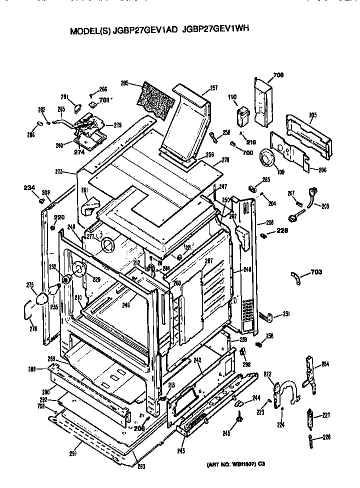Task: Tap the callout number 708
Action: click(x=278, y=76)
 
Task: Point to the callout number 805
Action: click(x=312, y=115)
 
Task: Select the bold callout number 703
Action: click(x=315, y=272)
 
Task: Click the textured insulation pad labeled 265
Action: click(x=156, y=99)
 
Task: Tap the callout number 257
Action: click(x=213, y=88)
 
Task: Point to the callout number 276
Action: click(x=33, y=328)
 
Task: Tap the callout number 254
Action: click(x=325, y=364)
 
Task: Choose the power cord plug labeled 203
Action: click(x=313, y=194)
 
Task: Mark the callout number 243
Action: click(x=180, y=451)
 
